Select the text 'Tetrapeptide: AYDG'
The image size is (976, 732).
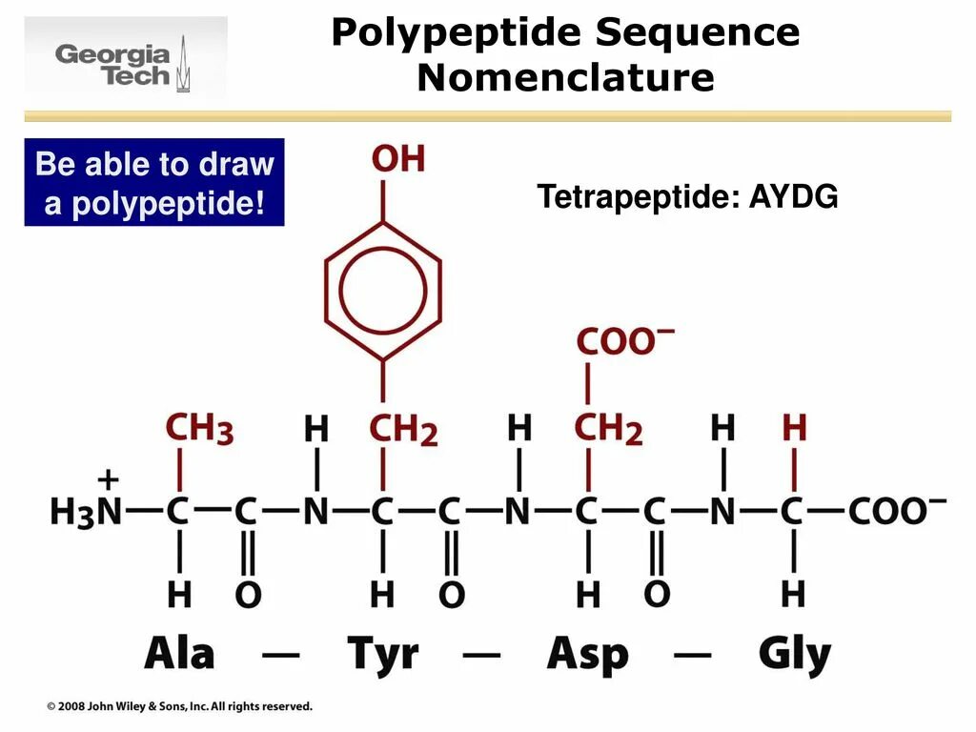[686, 197]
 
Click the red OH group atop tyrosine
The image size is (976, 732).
[398, 159]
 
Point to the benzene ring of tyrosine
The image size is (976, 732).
[383, 291]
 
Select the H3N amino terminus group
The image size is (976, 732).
[86, 512]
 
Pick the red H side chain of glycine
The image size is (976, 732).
[794, 428]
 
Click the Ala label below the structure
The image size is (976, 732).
[179, 654]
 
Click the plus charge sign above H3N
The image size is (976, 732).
[109, 478]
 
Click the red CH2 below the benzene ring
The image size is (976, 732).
[402, 430]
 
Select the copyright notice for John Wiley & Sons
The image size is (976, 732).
[180, 706]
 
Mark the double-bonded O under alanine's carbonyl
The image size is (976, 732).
[247, 595]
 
